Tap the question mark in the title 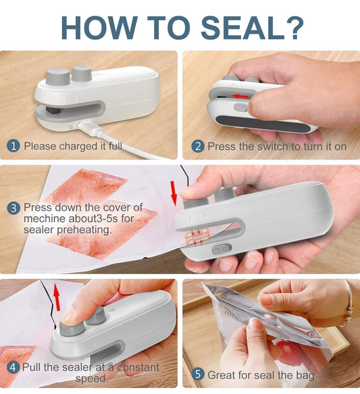294,27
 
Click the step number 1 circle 13,146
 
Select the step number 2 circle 198,146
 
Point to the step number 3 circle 14,208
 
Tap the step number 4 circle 13,368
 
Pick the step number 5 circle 198,374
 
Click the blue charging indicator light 71,127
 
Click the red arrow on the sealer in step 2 240,96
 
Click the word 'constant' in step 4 138,368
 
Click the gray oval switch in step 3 222,249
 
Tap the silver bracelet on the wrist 349,305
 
